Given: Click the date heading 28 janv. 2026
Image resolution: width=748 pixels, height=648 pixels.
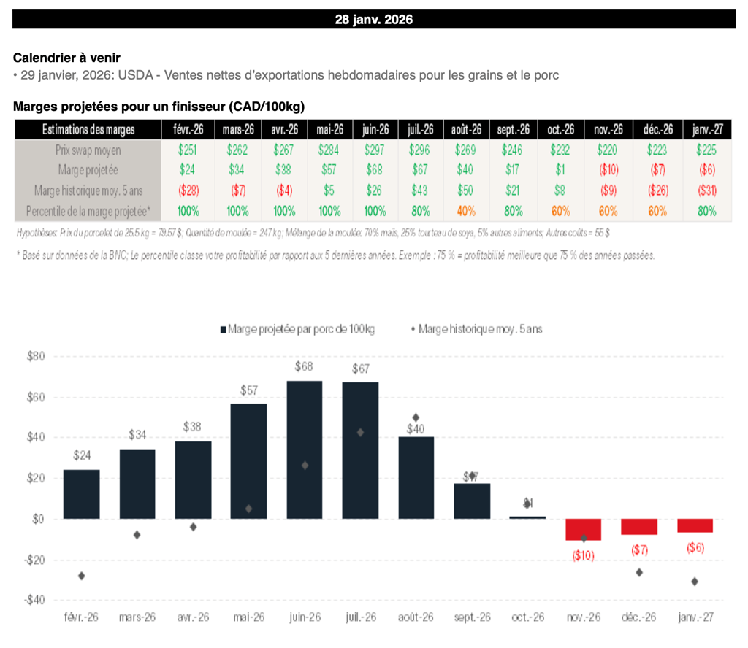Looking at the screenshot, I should [373, 20].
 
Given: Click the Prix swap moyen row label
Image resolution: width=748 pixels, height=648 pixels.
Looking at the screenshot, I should [88, 150].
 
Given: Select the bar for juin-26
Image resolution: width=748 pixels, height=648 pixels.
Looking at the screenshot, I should [305, 450].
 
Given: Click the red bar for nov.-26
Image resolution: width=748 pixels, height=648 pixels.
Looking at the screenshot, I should [584, 529].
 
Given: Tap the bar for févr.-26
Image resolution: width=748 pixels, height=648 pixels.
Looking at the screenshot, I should [81, 494].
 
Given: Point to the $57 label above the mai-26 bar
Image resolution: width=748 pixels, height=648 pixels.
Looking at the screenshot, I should [249, 390].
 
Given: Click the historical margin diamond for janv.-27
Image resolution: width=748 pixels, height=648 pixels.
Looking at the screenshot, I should [695, 582].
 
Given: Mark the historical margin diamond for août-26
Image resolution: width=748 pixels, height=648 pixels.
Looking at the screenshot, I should [416, 417].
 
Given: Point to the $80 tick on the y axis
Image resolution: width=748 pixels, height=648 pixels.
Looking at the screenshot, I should [35, 357].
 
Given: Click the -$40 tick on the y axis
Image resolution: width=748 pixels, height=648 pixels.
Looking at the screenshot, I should [34, 600].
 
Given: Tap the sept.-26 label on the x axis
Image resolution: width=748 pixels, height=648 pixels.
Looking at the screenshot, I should [472, 617].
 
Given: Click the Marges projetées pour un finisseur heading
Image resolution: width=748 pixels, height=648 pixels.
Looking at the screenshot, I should [159, 107].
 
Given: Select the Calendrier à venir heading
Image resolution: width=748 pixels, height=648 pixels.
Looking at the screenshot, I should [66, 58].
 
